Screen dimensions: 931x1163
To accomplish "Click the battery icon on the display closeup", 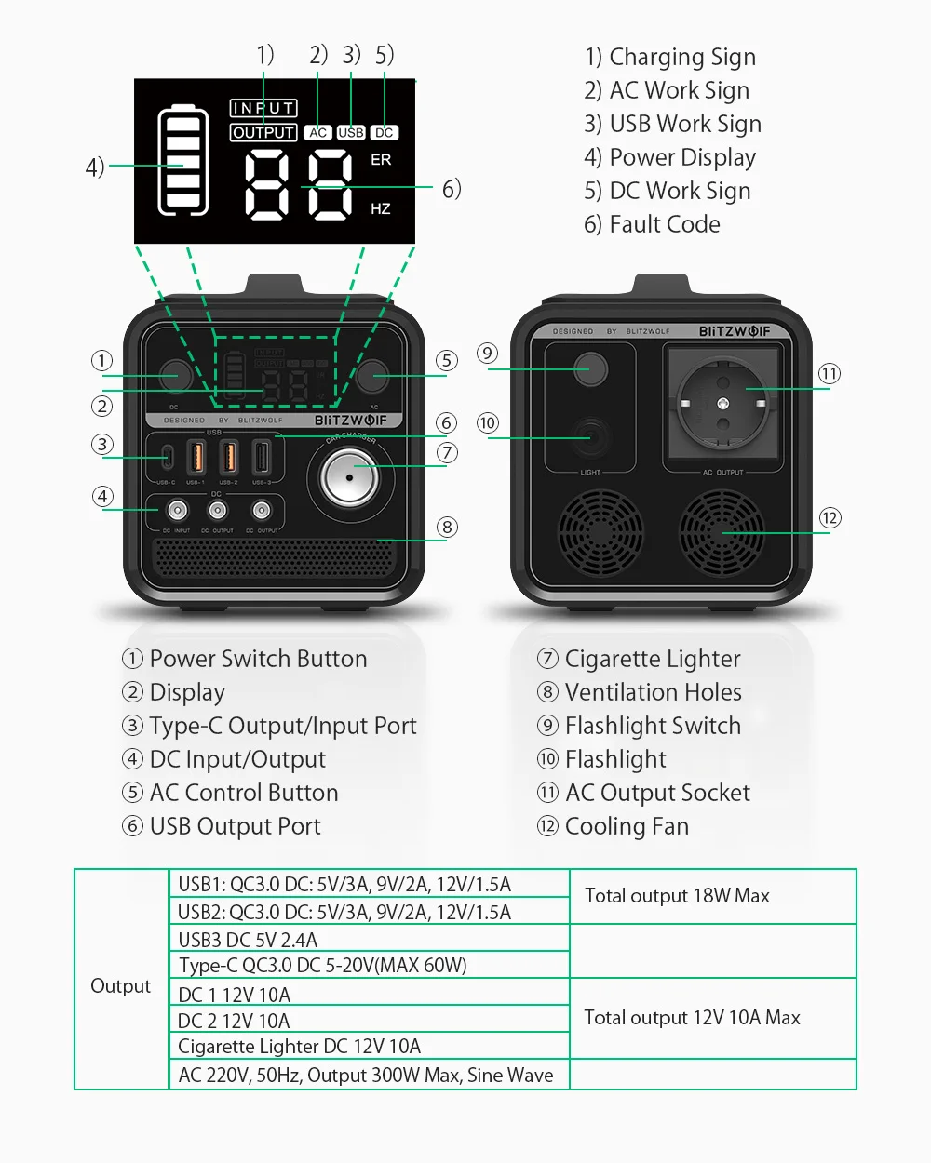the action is [183, 162].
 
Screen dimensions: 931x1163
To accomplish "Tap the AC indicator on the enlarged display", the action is [317, 133].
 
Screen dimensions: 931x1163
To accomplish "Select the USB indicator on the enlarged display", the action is [351, 133].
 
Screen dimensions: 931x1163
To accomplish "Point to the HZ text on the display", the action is [380, 209].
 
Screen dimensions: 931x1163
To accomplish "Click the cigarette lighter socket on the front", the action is [349, 478].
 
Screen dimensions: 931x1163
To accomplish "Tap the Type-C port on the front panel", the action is [168, 458].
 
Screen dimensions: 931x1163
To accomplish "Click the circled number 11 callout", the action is [830, 374].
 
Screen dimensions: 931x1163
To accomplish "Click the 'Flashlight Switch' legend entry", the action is [653, 726].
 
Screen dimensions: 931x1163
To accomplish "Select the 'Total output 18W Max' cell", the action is [677, 896].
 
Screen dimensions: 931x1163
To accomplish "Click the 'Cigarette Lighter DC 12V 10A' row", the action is [299, 1047].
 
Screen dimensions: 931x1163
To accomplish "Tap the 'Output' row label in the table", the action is [120, 986].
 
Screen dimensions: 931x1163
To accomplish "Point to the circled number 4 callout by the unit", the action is [103, 497].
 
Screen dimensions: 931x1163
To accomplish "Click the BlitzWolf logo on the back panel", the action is [735, 331].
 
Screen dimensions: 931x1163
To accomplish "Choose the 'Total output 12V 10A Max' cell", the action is [692, 1018].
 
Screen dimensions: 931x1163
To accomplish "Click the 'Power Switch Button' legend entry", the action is [258, 659].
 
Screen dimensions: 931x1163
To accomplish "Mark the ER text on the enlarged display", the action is [381, 160].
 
